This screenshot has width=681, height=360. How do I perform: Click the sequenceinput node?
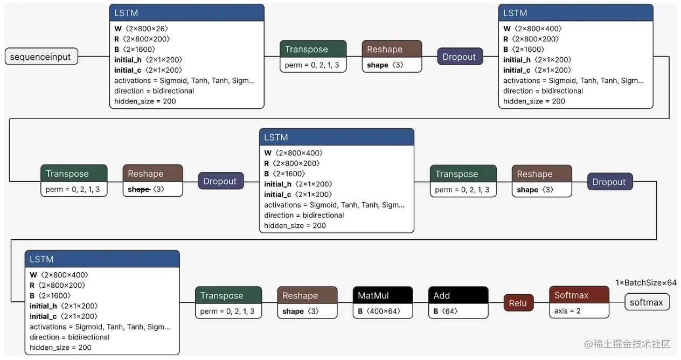tap(41, 57)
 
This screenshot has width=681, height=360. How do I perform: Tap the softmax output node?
tap(647, 302)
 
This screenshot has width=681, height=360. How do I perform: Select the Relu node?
tap(518, 303)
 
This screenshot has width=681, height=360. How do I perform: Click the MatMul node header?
tap(383, 295)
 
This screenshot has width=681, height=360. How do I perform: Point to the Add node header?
tap(458, 295)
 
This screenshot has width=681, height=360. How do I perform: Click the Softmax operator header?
tap(579, 295)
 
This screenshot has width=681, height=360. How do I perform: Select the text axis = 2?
tap(567, 311)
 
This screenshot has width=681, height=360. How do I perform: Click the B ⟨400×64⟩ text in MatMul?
tap(379, 311)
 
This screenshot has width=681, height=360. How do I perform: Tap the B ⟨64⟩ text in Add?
tap(446, 311)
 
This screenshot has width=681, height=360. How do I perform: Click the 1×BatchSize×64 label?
tap(646, 283)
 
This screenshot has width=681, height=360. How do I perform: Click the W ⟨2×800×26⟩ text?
tap(141, 29)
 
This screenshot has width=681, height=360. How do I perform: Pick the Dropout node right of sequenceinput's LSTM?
tap(460, 57)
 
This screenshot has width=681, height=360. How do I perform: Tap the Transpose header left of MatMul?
tap(228, 295)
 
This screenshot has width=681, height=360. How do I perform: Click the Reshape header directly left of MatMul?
tap(307, 295)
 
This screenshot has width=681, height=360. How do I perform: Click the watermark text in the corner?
tap(627, 344)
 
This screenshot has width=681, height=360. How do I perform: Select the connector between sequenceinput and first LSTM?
tap(94, 56)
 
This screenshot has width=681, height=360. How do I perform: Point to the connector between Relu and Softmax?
tap(541, 302)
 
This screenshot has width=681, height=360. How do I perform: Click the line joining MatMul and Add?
tap(421, 302)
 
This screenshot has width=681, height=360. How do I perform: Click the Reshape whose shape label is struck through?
tap(152, 181)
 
